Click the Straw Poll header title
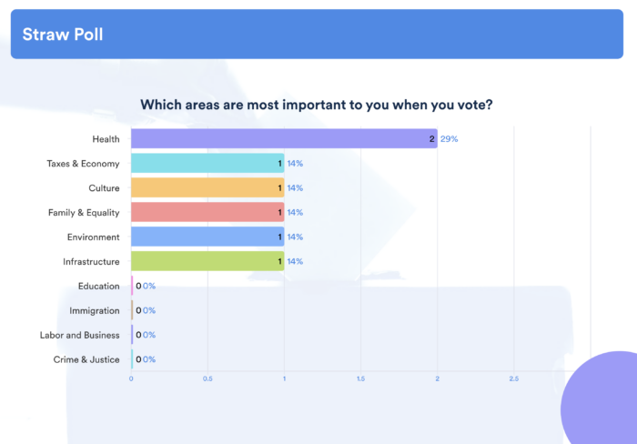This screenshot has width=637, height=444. [x=63, y=35]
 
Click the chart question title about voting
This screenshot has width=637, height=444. [x=317, y=105]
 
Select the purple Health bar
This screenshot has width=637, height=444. [x=283, y=139]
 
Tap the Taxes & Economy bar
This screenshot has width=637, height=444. [x=207, y=164]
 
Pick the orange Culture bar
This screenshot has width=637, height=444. [x=207, y=187]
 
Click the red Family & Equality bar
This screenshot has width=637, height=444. [x=207, y=212]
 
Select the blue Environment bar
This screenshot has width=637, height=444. [x=207, y=237]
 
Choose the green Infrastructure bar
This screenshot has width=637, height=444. [x=207, y=261]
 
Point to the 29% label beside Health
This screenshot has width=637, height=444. [x=449, y=139]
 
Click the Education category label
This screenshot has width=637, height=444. [x=98, y=286]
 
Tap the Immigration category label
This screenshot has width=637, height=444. [x=95, y=310]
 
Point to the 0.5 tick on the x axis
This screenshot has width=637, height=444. [x=207, y=378]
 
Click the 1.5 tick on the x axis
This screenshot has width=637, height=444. [x=360, y=378]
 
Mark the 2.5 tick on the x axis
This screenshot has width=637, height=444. [x=513, y=378]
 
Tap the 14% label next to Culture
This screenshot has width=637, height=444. [x=295, y=187]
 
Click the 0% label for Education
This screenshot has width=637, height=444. [x=149, y=286]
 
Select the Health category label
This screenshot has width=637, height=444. [x=106, y=139]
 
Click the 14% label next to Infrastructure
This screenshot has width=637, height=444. [x=295, y=261]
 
